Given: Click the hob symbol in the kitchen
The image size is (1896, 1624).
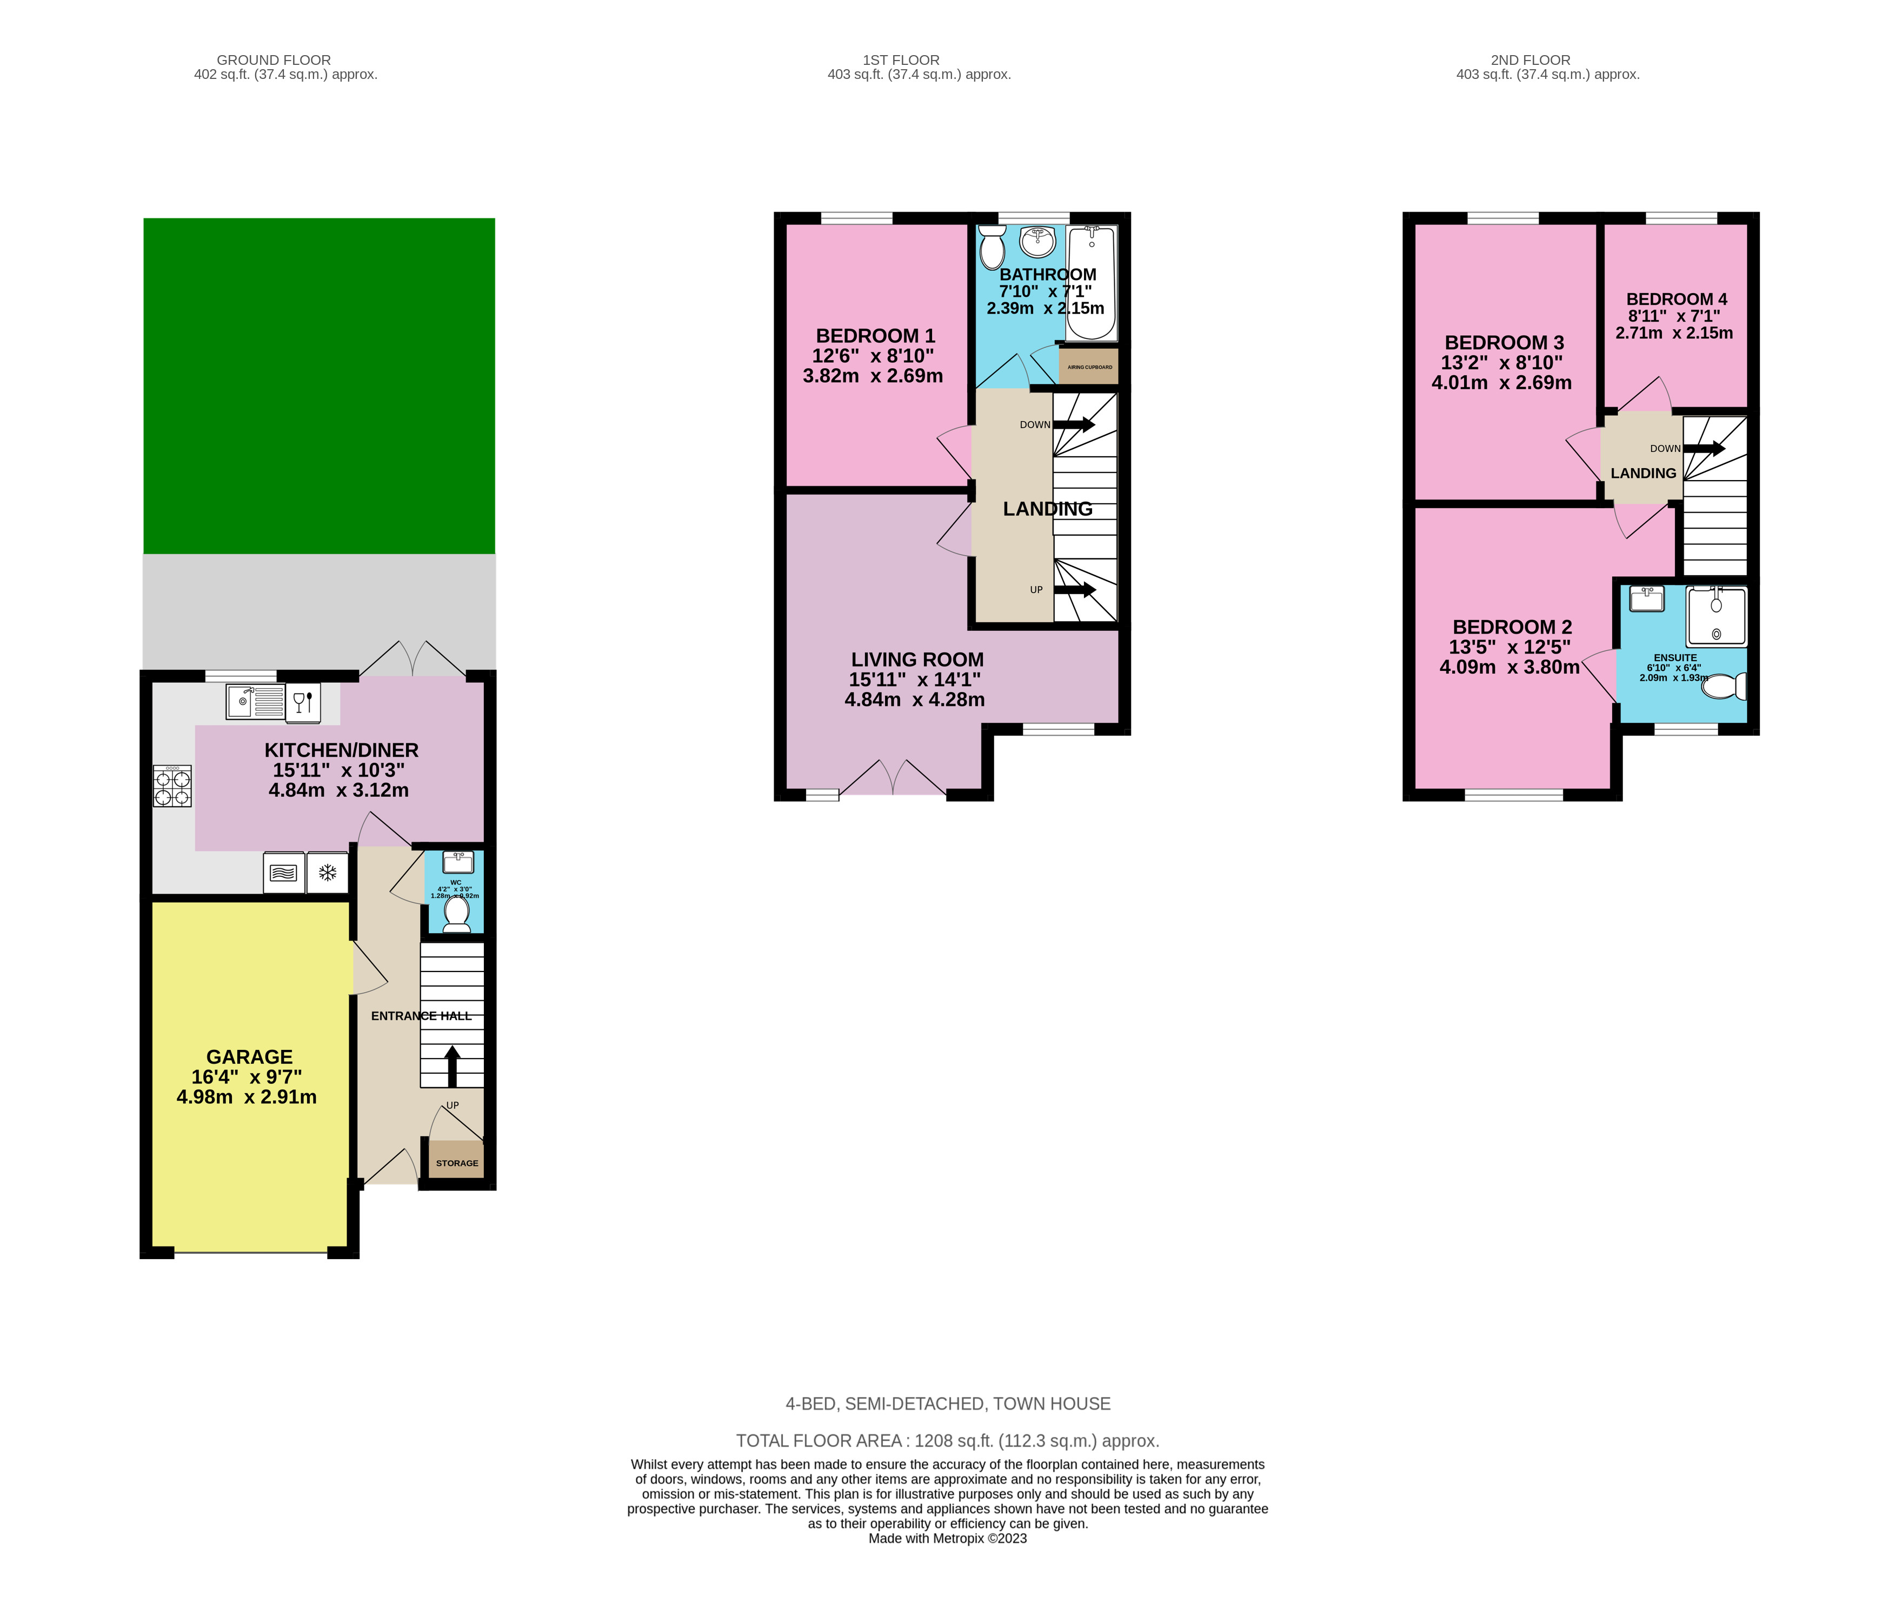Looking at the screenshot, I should click(x=172, y=787).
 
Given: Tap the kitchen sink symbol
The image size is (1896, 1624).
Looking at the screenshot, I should click(x=255, y=702).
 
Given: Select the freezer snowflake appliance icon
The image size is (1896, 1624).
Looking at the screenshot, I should click(x=327, y=873).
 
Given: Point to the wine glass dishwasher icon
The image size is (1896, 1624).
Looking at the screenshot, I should click(x=303, y=702).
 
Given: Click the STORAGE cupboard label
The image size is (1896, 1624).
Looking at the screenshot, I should click(x=457, y=1163).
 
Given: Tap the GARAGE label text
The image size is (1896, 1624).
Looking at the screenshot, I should click(x=249, y=1057).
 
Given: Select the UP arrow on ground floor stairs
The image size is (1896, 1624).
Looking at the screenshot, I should click(x=452, y=1066).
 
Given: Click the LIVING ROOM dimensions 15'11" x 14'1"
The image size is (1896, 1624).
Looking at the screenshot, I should click(x=914, y=680).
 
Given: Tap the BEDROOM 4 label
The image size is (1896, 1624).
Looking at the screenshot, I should click(x=1677, y=299).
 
